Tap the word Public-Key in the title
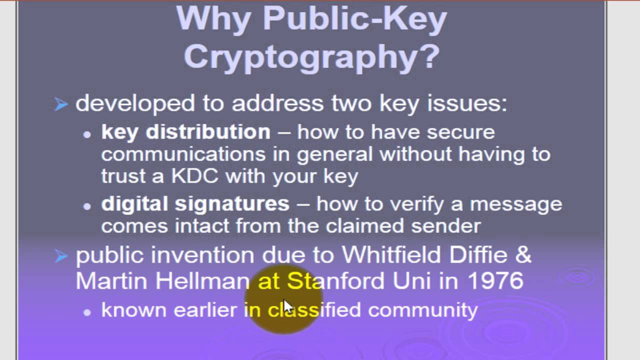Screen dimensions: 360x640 (x=354, y=19)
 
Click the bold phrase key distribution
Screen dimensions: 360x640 (x=185, y=132)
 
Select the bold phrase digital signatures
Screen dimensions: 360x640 (x=195, y=204)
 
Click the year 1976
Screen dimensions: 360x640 (x=495, y=280)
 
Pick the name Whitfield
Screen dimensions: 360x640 (x=391, y=255)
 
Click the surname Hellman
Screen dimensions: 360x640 (x=202, y=280)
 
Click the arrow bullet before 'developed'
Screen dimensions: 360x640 (x=61, y=104)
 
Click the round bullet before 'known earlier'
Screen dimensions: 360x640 (x=87, y=312)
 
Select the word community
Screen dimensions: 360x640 (x=422, y=310)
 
